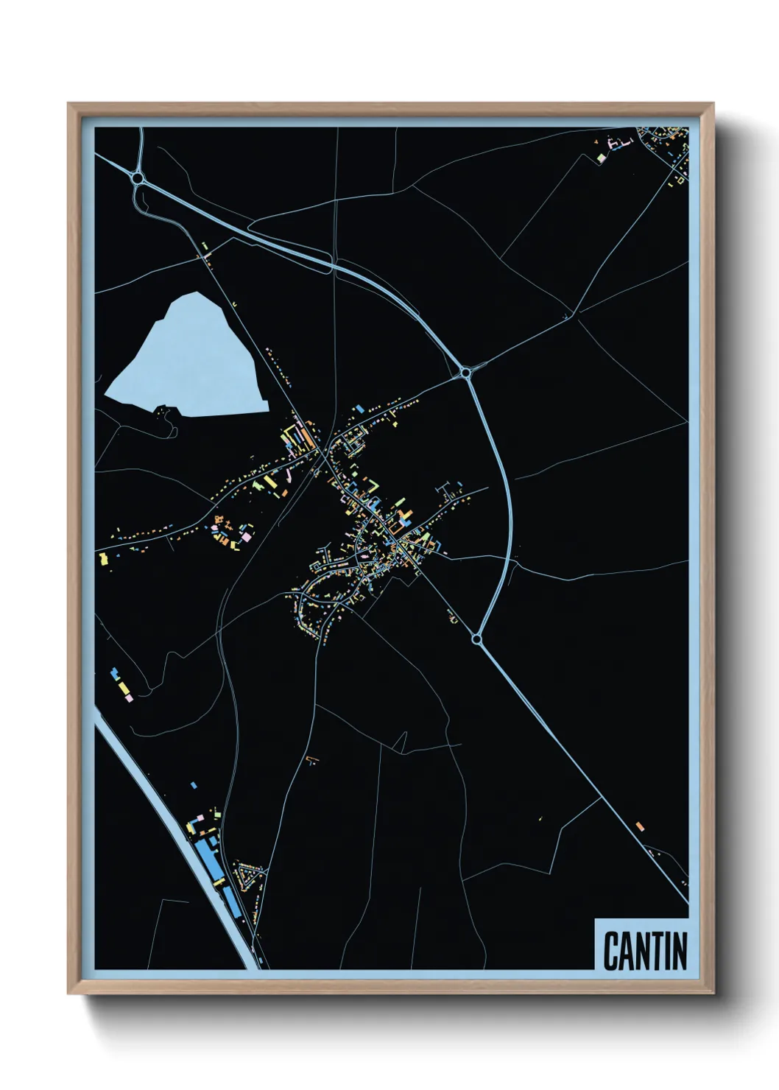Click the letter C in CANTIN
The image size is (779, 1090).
[610, 951]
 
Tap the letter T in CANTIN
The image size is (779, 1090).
[657, 951]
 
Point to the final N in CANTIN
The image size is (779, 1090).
[680, 951]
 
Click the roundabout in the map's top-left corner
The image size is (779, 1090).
[137, 177]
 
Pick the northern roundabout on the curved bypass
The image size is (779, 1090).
[466, 373]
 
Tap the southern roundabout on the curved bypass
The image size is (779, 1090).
[477, 639]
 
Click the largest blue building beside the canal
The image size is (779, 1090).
[209, 858]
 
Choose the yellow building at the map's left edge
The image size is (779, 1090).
[104, 559]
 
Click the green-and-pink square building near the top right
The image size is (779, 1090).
[601, 158]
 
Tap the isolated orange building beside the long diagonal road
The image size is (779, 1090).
[639, 826]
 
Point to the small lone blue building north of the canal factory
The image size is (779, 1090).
[194, 785]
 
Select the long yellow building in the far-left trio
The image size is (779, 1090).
[121, 686]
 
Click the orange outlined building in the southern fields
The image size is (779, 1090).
[311, 759]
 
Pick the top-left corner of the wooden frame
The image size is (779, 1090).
[68, 105]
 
